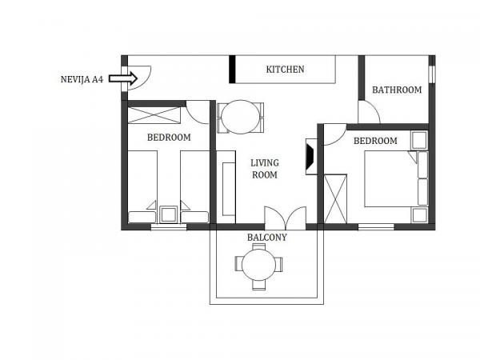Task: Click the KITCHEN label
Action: tap(285, 70)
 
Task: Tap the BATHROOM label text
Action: tap(397, 90)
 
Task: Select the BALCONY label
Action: tap(267, 238)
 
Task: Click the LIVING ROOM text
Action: tap(265, 169)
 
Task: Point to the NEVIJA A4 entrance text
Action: tap(82, 79)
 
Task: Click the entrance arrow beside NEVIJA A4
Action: tap(123, 78)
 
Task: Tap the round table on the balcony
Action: tap(258, 265)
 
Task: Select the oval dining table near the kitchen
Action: tap(241, 117)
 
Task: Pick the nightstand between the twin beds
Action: tap(168, 214)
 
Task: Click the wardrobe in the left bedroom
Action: tap(154, 115)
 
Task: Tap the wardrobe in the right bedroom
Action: tap(335, 199)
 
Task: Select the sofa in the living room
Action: tap(226, 187)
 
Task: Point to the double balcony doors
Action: tap(286, 218)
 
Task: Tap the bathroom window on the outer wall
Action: tap(432, 74)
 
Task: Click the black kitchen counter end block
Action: tap(232, 69)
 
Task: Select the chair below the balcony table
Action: tap(258, 285)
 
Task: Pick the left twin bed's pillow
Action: tap(142, 217)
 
